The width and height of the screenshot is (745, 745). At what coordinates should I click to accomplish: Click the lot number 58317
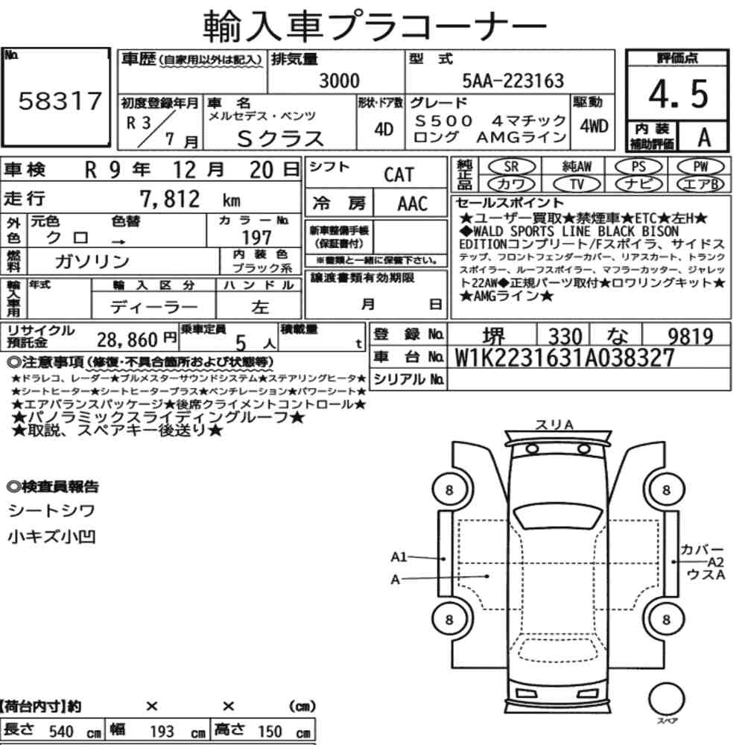click(x=60, y=101)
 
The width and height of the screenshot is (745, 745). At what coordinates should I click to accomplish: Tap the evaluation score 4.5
click(x=678, y=93)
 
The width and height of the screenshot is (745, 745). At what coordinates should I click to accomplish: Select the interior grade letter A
click(x=704, y=137)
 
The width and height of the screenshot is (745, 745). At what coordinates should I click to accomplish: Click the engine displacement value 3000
click(x=339, y=80)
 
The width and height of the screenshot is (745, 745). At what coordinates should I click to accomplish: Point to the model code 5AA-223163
click(x=513, y=80)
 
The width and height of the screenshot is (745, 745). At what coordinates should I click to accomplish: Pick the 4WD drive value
click(x=594, y=127)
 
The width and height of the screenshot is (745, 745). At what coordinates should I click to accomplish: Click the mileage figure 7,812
click(x=170, y=199)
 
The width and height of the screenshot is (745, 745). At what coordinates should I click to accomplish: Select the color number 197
click(x=256, y=237)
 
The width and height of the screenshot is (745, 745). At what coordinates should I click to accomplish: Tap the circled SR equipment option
click(x=512, y=166)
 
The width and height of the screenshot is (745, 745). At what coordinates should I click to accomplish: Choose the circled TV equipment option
click(x=577, y=183)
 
